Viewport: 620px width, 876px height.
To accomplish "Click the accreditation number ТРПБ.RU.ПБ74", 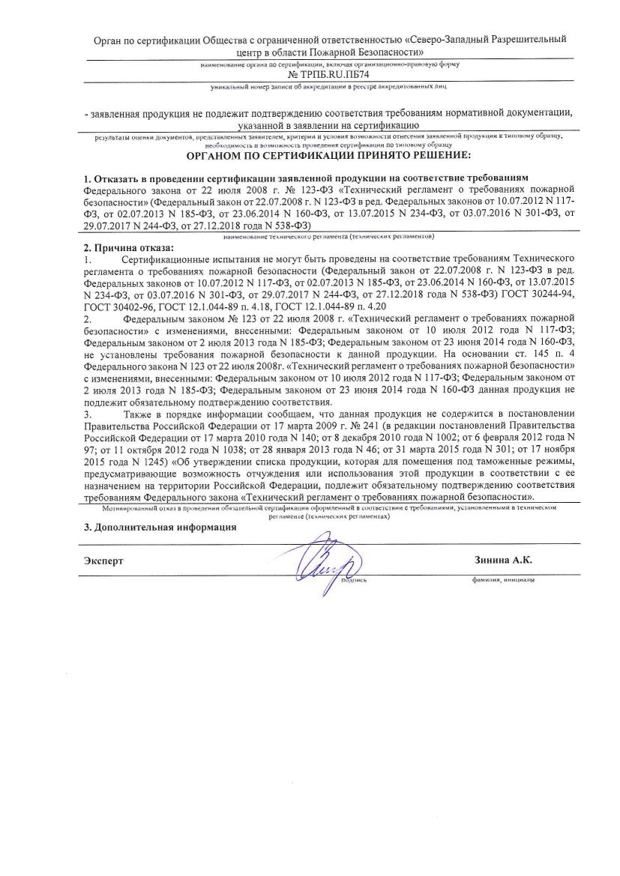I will pyautogui.click(x=328, y=76).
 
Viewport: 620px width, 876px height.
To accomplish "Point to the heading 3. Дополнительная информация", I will pyautogui.click(x=160, y=527).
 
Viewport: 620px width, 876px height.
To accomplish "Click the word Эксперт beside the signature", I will pyautogui.click(x=103, y=561).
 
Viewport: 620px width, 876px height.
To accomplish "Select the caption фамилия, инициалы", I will pyautogui.click(x=502, y=579).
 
